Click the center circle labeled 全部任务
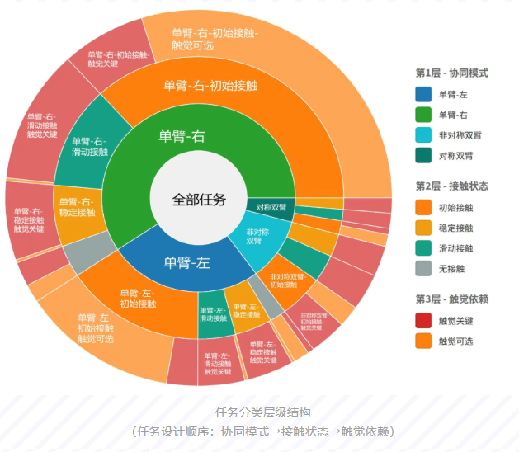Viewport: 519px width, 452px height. [198, 199]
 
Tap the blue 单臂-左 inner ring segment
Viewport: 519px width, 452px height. [186, 262]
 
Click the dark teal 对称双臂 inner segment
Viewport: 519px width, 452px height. [271, 206]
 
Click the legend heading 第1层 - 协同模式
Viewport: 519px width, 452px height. [452, 73]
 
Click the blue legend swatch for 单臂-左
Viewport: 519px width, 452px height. [423, 95]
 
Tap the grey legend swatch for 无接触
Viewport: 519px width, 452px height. [423, 268]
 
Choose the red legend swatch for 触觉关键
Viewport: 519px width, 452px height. [423, 319]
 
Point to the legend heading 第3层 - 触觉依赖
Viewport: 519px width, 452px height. [452, 298]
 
